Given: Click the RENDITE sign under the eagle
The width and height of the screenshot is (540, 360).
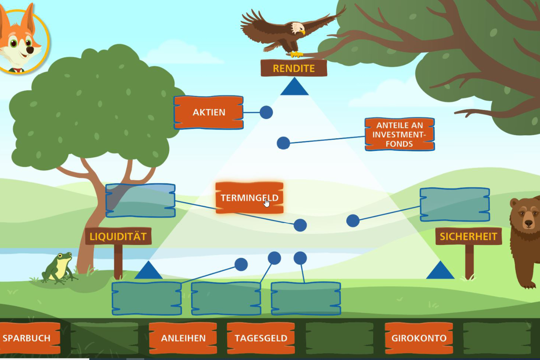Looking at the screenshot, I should [x=294, y=68].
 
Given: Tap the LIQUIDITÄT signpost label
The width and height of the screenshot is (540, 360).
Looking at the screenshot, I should [x=118, y=236].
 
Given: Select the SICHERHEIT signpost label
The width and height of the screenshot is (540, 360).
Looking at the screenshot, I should [x=469, y=236].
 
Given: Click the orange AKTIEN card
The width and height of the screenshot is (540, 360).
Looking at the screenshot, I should [x=209, y=112].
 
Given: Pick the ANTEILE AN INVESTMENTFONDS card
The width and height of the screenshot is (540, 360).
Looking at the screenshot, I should [x=399, y=134].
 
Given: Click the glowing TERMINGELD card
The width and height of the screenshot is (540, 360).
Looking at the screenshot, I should [x=249, y=198].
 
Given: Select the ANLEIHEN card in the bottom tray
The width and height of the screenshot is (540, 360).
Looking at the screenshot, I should [x=183, y=338].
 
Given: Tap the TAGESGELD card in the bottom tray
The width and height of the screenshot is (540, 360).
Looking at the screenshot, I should [x=261, y=338].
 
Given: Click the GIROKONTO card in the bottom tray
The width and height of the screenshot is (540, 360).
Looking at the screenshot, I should [x=419, y=338].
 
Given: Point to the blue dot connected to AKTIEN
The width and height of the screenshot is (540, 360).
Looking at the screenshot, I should [x=266, y=112].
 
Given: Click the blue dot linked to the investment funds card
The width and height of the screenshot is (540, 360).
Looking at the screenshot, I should [x=283, y=143].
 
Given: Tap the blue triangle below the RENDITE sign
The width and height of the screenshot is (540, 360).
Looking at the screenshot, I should [x=294, y=87].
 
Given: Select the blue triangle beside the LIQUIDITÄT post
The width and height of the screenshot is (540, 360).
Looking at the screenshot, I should [x=148, y=271].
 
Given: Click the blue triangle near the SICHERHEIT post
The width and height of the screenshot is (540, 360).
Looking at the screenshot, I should [x=440, y=271].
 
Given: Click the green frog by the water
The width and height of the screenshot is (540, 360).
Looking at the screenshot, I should [x=58, y=268].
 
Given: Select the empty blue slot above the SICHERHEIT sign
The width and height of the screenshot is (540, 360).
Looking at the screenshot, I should [x=454, y=204].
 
